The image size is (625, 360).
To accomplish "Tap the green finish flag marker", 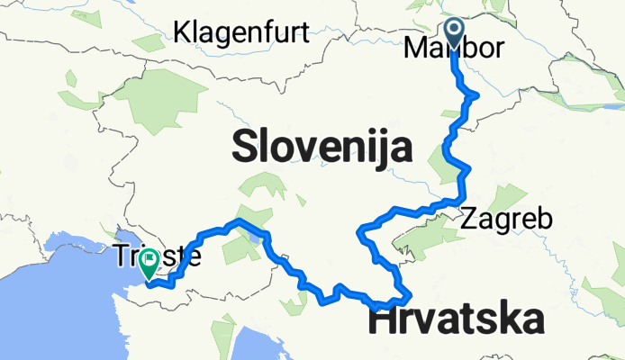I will point(147,261).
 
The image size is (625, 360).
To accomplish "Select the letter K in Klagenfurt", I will point(182,32).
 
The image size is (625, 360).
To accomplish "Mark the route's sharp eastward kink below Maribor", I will point(475,94).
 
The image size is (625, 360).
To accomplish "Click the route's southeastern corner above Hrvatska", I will point(410,295).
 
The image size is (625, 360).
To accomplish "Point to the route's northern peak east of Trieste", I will point(239,220).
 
